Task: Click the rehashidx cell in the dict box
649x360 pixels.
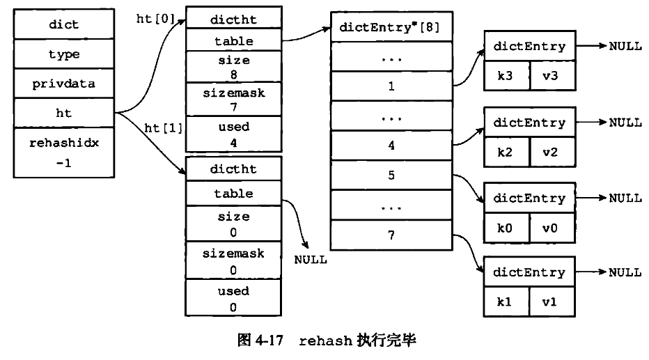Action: [64, 152]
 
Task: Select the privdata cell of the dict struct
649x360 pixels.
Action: [64, 84]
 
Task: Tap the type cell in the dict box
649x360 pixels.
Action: [64, 54]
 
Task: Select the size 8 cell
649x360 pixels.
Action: [233, 68]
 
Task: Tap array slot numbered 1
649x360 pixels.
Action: [391, 87]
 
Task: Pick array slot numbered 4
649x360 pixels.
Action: [391, 146]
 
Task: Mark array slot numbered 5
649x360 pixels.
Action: [391, 175]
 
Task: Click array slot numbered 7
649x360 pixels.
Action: [391, 235]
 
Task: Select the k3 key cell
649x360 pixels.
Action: [507, 76]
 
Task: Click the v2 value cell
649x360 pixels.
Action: [553, 152]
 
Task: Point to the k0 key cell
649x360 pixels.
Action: [507, 228]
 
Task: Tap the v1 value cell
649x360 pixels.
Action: [553, 303]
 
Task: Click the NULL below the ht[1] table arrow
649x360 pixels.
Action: [310, 259]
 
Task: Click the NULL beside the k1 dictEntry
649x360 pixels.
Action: [625, 273]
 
